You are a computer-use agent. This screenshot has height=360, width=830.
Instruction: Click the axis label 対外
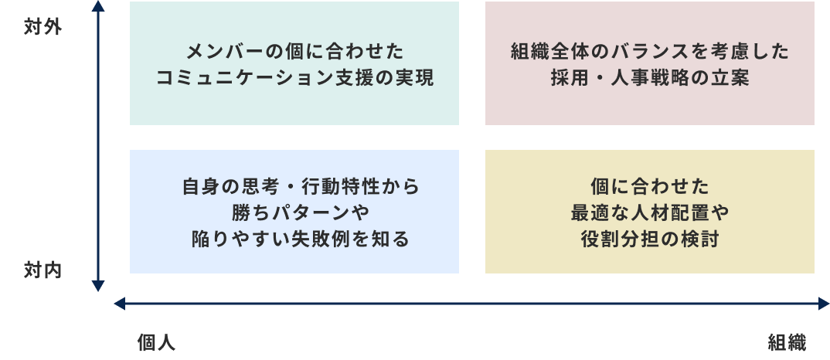coord(43,28)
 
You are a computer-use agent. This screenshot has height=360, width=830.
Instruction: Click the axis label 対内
coord(43,270)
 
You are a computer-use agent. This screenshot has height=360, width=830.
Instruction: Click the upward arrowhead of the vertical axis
coord(98,6)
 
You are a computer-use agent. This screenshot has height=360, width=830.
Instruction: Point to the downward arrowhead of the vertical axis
coord(98,287)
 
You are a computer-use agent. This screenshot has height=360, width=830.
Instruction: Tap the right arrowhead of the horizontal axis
coord(823,304)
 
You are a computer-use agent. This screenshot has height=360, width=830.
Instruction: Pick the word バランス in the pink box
coord(633,53)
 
